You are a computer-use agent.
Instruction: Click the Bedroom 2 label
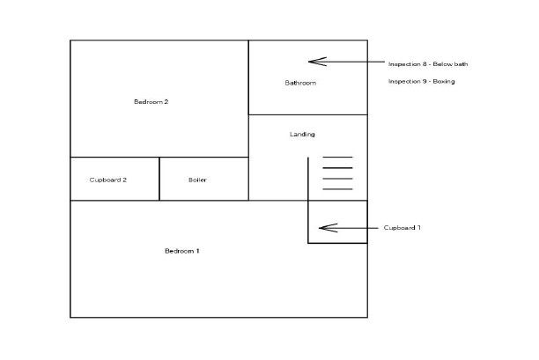(x=151, y=102)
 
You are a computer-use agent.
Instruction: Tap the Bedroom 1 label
(x=182, y=252)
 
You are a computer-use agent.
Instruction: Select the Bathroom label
(x=300, y=84)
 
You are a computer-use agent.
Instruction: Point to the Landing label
(x=302, y=135)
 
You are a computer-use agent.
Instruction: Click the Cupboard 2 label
(x=108, y=180)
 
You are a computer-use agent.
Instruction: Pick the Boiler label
(x=197, y=180)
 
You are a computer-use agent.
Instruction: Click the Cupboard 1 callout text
(x=402, y=228)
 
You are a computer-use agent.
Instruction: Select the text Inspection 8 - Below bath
(x=422, y=63)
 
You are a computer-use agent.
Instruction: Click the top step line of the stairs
(x=337, y=158)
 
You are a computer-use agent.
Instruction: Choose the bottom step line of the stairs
(x=337, y=189)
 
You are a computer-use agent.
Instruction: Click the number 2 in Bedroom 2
(x=166, y=102)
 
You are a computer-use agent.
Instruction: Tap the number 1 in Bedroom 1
(x=198, y=252)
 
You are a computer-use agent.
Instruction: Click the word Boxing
(x=444, y=82)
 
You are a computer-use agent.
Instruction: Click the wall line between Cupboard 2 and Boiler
(x=159, y=179)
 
